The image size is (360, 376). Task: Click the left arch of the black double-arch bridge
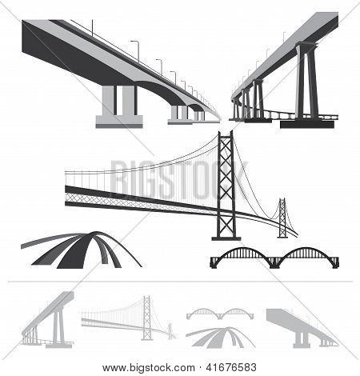[232, 254]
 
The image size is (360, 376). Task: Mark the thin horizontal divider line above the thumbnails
[180, 282]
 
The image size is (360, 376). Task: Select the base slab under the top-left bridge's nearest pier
[118, 122]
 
